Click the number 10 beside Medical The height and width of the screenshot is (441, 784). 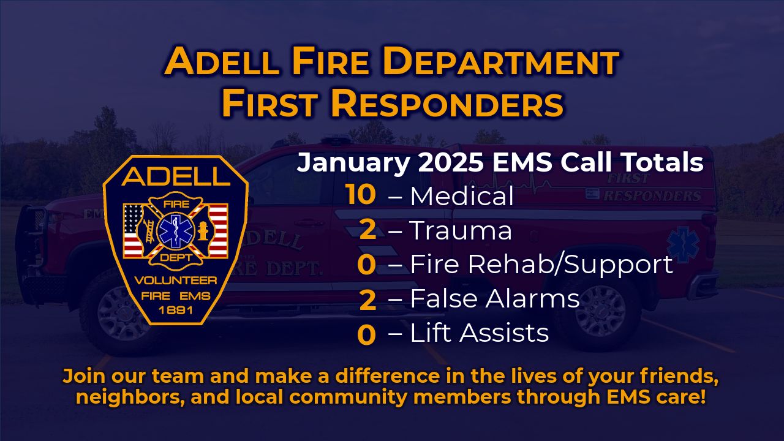click(x=361, y=195)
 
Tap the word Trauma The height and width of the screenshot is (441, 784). click(x=461, y=231)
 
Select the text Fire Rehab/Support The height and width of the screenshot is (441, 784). click(x=541, y=265)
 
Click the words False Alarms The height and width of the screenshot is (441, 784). click(x=494, y=298)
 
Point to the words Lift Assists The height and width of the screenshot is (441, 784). click(x=479, y=333)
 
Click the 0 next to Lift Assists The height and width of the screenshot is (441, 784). click(x=366, y=334)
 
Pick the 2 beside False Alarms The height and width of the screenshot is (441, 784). click(x=367, y=300)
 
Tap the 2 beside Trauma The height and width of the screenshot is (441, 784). click(x=367, y=231)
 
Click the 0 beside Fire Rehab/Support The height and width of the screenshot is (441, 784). click(x=366, y=265)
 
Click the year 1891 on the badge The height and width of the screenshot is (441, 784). click(x=176, y=310)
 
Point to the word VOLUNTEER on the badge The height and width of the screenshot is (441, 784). click(x=176, y=281)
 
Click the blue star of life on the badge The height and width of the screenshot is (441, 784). click(x=175, y=231)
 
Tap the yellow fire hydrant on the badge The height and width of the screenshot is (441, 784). click(x=203, y=231)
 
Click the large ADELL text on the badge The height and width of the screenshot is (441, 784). click(x=175, y=176)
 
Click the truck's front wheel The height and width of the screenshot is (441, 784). click(x=119, y=312)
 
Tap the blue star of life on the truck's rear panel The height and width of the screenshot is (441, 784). click(x=683, y=244)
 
